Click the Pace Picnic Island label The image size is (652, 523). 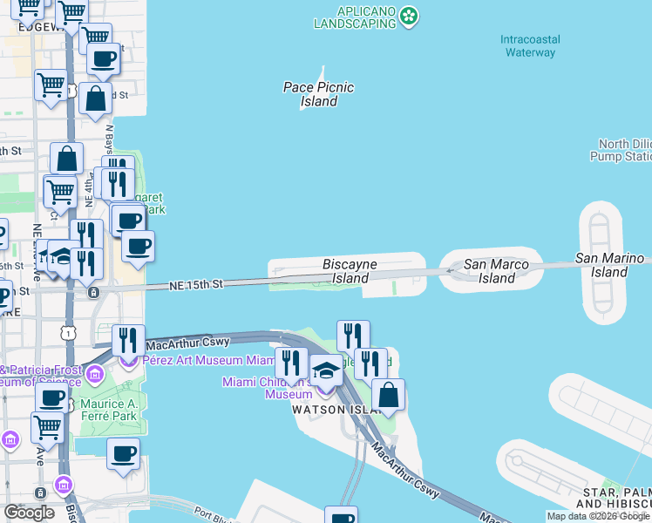[x=318, y=94]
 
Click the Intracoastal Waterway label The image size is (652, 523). [x=530, y=46]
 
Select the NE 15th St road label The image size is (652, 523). [x=197, y=284]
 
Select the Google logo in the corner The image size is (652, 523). [x=29, y=513]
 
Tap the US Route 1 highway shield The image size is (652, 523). [x=70, y=332]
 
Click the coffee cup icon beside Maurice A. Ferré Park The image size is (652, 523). [x=122, y=453]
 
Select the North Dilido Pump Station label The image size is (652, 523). [x=625, y=150]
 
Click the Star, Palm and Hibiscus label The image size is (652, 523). [x=615, y=499]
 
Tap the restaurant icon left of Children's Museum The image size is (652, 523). [x=291, y=363]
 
